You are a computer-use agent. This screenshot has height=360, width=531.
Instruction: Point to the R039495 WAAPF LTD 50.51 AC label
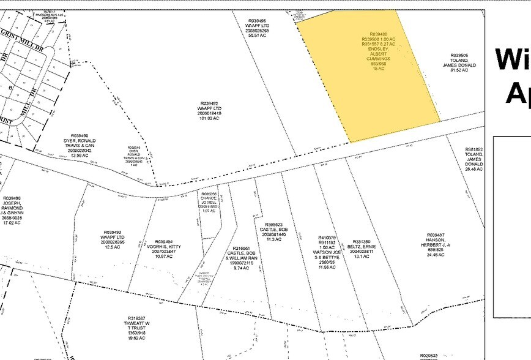tap(257, 28)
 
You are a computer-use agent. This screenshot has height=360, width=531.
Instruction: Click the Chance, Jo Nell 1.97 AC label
tap(209, 203)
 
